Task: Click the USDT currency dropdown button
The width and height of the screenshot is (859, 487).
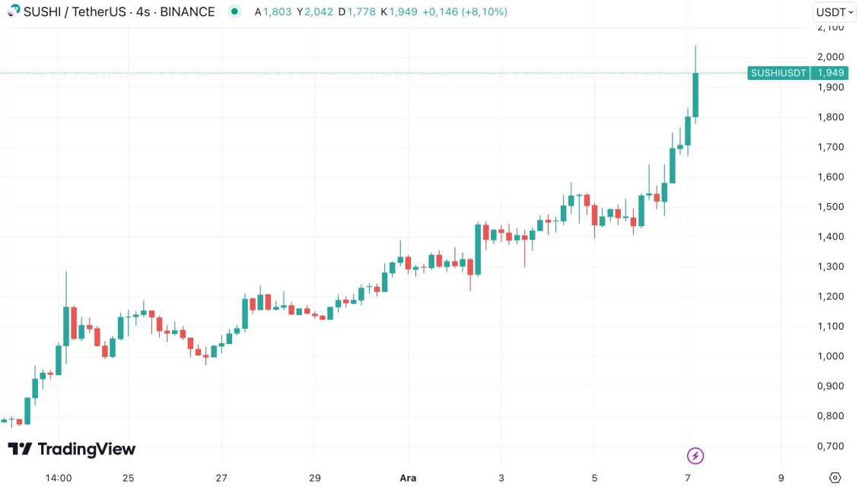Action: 834,12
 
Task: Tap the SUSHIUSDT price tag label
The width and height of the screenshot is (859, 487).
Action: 778,73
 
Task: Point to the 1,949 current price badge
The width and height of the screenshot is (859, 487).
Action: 829,73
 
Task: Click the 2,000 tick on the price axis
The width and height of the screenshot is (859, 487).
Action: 830,57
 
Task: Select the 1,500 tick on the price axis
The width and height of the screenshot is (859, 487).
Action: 830,207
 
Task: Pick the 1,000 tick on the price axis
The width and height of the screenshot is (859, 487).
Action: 830,356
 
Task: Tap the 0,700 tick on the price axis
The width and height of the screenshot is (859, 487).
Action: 830,446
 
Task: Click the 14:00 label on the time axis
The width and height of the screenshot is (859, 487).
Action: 59,478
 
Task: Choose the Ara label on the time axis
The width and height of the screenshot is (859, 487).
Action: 408,478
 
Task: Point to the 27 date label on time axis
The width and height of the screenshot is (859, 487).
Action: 221,478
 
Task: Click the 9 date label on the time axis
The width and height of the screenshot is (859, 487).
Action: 781,478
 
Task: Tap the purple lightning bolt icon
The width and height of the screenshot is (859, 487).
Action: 695,456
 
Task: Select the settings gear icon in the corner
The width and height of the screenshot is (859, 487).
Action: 835,478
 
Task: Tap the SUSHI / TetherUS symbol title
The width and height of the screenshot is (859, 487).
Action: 75,12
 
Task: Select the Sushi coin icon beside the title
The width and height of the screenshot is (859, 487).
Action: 14,11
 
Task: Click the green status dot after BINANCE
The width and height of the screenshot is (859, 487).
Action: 234,11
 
